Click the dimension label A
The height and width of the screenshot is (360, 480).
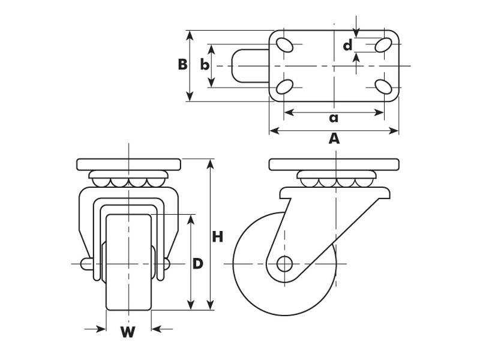tap(334, 139)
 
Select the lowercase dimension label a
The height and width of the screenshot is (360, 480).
tap(334, 118)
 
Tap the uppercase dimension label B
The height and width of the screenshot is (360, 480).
tap(182, 65)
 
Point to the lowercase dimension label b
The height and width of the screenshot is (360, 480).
tap(205, 65)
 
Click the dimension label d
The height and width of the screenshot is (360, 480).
tap(347, 46)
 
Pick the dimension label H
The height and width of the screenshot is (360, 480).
tap(217, 237)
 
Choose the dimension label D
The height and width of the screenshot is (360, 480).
tap(197, 263)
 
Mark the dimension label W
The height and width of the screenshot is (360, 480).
tap(128, 332)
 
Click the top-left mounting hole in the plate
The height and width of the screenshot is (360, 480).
tap(285, 45)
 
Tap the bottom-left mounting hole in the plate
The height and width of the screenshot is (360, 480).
tap(285, 86)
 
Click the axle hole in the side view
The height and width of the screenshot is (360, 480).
tap(284, 263)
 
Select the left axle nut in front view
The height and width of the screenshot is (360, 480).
tap(86, 263)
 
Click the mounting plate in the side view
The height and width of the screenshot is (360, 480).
tap(334, 164)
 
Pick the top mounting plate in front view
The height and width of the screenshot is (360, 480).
tap(128, 164)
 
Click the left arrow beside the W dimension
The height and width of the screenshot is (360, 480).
tap(95, 329)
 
